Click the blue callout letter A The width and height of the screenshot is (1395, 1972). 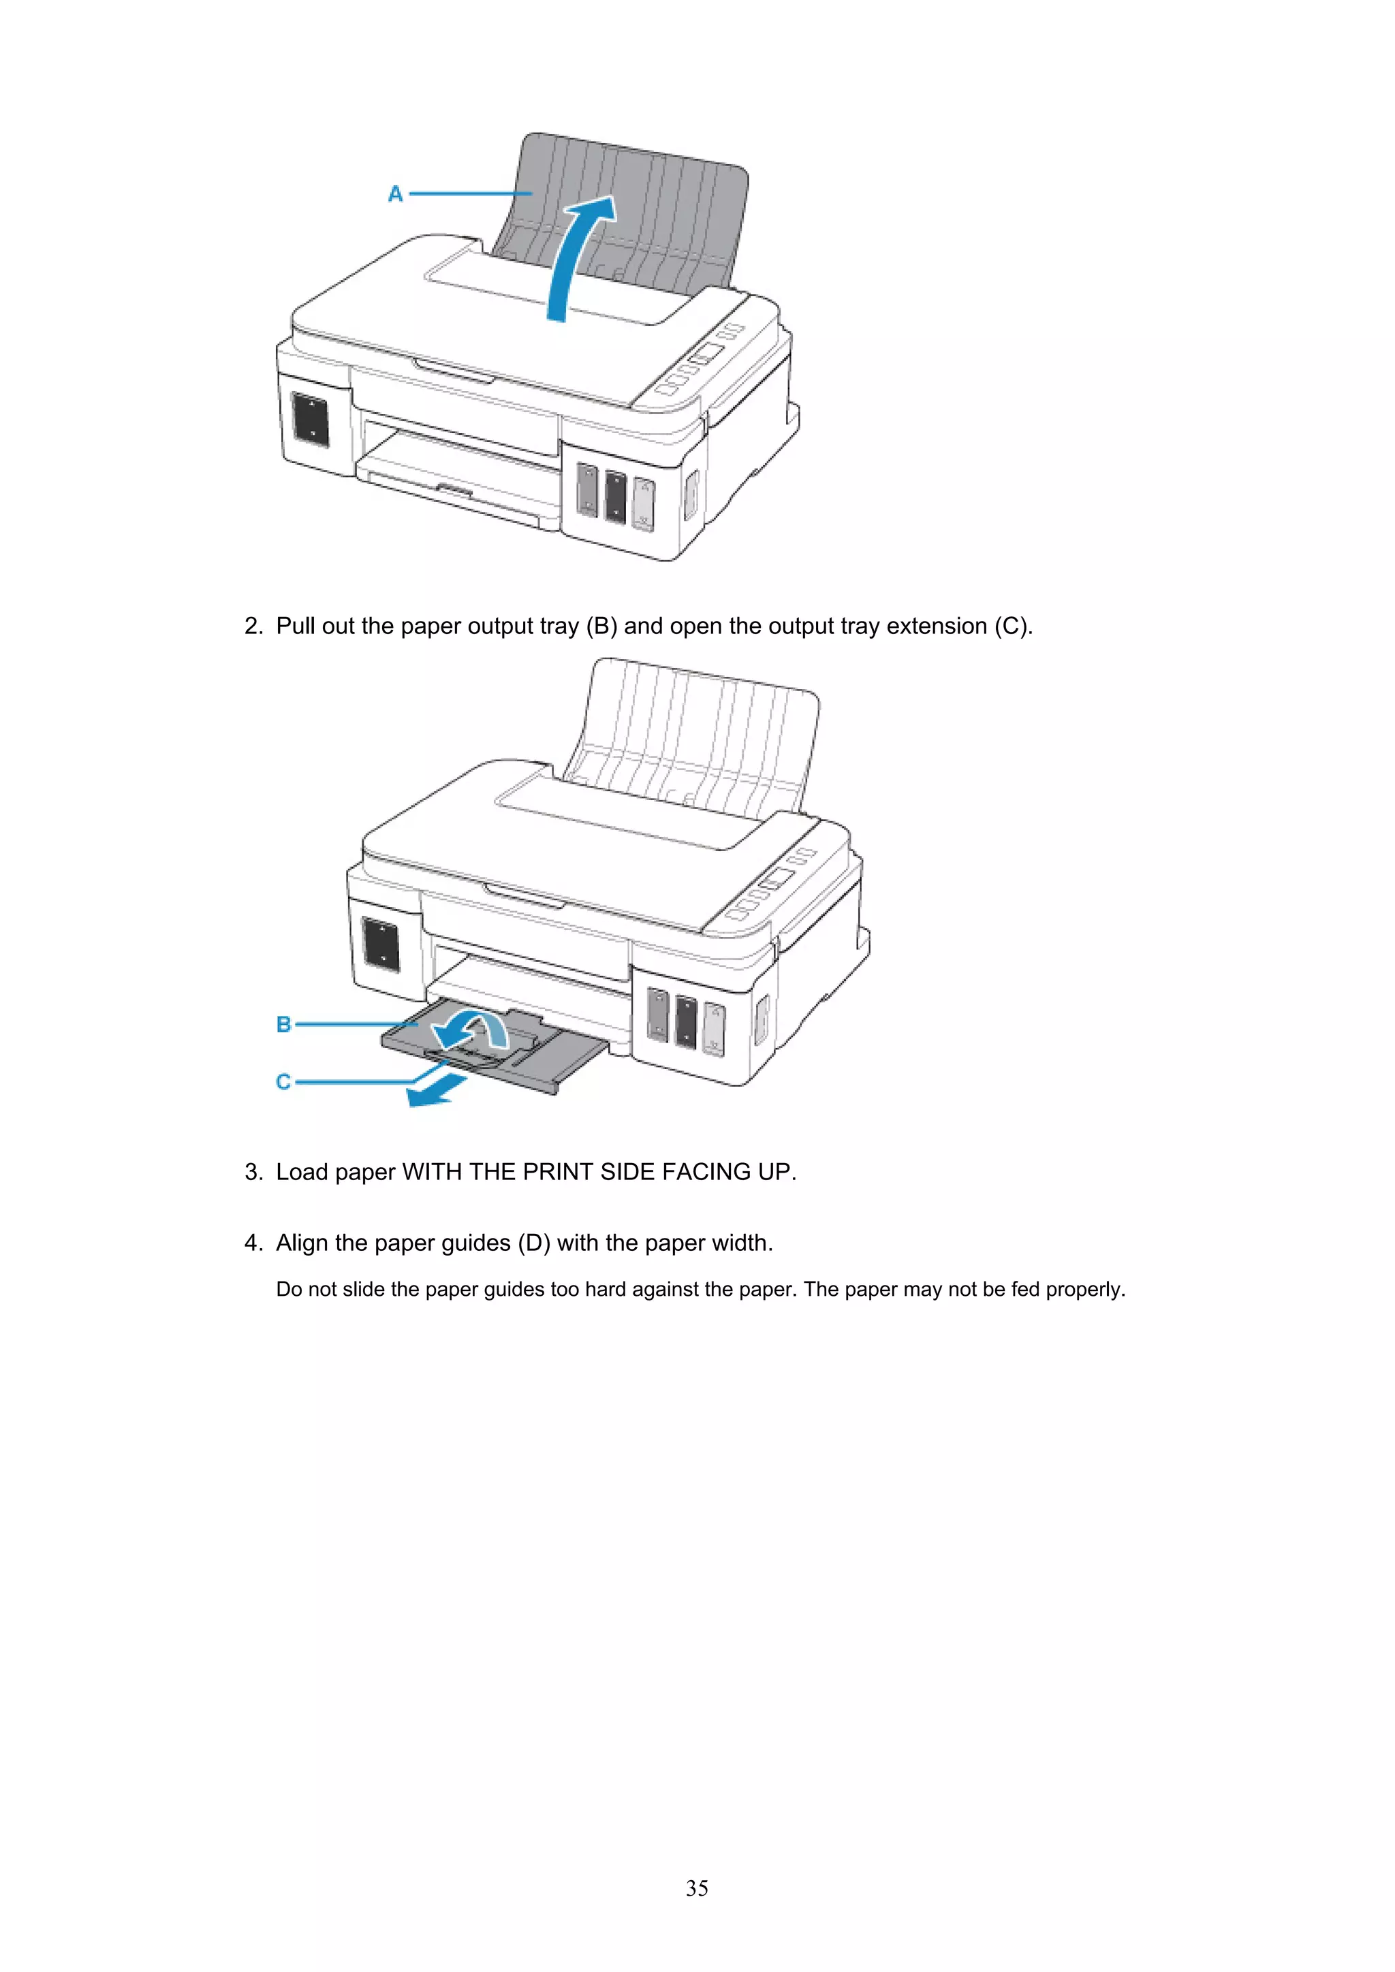pos(395,194)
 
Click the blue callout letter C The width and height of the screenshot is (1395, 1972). pos(283,1081)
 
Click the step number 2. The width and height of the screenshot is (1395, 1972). pos(253,626)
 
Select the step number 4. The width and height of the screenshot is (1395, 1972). pos(253,1243)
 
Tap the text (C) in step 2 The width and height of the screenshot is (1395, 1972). pos(1013,626)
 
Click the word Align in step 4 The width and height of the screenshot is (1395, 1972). pos(302,1243)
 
